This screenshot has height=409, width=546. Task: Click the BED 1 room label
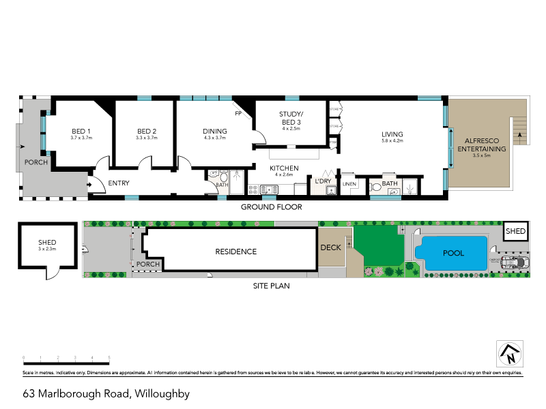(81, 132)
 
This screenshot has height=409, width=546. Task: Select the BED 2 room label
(147, 132)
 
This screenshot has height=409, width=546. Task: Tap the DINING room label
(214, 132)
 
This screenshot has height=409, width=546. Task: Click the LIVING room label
(392, 134)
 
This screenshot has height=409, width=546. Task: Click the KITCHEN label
(284, 168)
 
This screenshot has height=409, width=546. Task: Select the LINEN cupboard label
(349, 184)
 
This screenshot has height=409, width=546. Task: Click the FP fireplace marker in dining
(238, 113)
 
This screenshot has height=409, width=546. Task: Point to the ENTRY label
(118, 183)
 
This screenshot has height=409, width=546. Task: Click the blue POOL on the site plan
(453, 253)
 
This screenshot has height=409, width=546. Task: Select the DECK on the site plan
(331, 247)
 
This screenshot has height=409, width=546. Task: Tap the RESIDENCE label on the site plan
(236, 252)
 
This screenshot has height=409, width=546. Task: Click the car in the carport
(514, 263)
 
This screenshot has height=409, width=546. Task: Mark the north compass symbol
(508, 354)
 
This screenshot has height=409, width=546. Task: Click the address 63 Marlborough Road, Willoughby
(106, 393)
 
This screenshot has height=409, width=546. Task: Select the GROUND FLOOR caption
(271, 207)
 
